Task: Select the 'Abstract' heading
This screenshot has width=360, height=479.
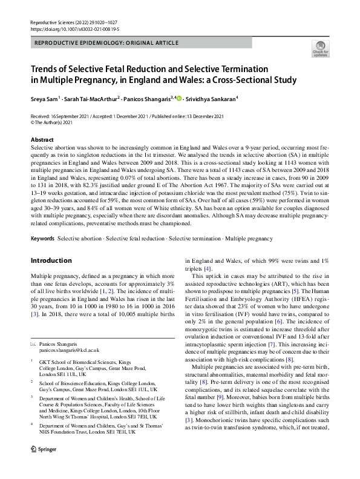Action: [x=42, y=139]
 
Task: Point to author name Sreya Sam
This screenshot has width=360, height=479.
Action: [x=48, y=95]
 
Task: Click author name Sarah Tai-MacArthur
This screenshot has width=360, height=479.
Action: [x=94, y=95]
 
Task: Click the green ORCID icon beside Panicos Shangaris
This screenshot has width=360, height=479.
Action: [x=178, y=95]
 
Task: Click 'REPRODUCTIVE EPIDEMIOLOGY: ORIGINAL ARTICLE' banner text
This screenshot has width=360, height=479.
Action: [x=107, y=43]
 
